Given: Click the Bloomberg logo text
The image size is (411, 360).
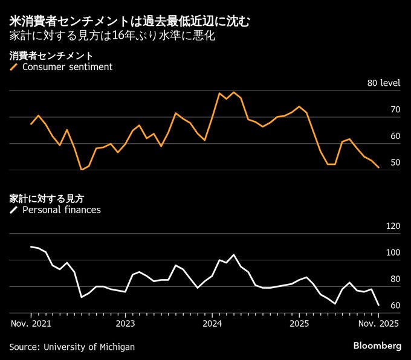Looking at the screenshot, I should point(377,346).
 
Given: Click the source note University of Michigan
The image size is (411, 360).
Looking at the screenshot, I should point(72,347).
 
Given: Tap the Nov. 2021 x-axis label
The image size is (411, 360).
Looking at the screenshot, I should point(31,323).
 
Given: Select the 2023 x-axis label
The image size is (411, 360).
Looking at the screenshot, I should point(125,323).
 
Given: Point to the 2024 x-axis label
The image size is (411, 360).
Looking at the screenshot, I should point(212,323).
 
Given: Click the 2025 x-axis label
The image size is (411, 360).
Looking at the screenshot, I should point(300,323).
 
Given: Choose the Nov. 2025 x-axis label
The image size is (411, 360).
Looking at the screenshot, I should point(378,323).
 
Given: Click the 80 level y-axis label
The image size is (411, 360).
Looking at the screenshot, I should point(384,83).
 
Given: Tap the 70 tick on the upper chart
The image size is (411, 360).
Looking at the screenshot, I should point(396,110).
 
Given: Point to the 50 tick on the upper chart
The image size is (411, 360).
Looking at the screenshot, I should point(396,163).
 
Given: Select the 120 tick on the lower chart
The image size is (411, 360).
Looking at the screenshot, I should point(393,227).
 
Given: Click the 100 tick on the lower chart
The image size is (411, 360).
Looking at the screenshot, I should point(393,253).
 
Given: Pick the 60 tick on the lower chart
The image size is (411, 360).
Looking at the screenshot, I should point(396,306).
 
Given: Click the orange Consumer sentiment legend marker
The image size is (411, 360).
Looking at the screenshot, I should point(14,67).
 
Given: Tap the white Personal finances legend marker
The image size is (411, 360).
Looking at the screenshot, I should point(14,210).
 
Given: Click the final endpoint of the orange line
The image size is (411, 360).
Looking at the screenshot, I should point(378,167).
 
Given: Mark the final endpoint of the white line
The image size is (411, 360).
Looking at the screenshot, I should point(378,305).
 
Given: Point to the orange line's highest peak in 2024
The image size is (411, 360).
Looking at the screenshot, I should point(233,92).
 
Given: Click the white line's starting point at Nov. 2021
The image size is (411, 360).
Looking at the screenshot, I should point(31,246).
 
